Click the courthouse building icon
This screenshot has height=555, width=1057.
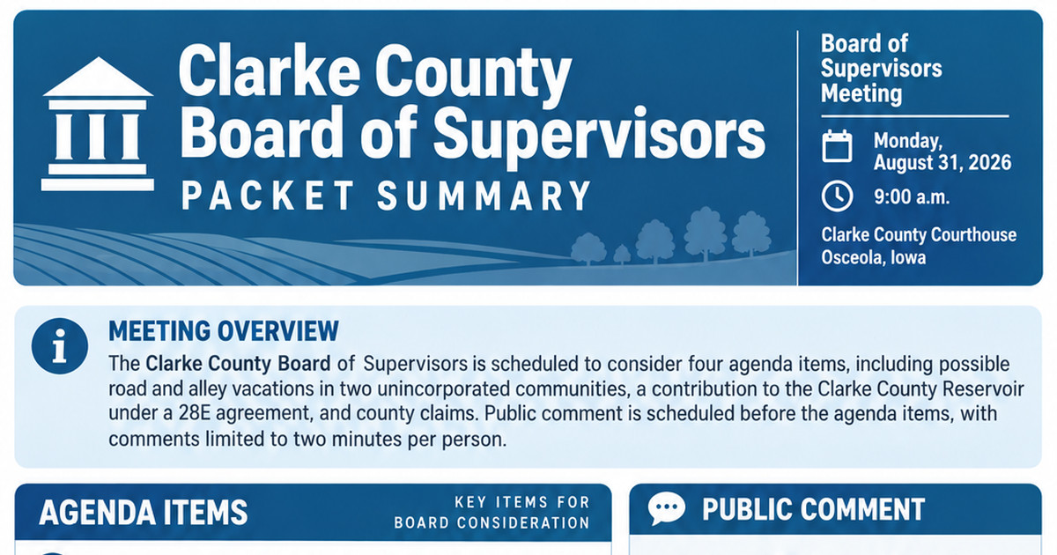98,124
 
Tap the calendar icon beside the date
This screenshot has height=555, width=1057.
837,146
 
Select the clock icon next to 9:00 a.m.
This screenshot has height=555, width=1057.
837,196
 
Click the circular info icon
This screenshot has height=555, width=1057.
60,346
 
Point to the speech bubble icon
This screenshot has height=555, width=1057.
666,508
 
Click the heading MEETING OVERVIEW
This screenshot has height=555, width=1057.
224,331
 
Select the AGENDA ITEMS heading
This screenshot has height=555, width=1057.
144,512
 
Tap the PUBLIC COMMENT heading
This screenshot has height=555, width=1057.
813,510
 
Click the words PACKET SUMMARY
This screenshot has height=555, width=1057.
386,196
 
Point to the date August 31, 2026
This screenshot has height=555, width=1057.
942,163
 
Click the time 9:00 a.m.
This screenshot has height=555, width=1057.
911,196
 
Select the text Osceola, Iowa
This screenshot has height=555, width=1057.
874,257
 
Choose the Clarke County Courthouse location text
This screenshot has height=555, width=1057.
919,234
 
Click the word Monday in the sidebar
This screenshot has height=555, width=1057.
908,141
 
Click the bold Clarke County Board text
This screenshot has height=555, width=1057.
239,364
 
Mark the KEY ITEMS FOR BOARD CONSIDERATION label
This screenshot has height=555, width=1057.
492,513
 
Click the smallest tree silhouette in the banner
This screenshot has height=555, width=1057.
622,255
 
